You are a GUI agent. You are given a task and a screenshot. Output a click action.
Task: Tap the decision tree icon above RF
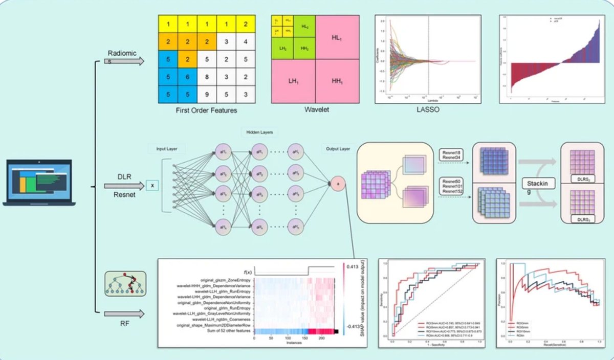point(125,283)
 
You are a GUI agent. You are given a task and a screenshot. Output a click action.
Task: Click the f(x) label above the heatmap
point(249,272)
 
